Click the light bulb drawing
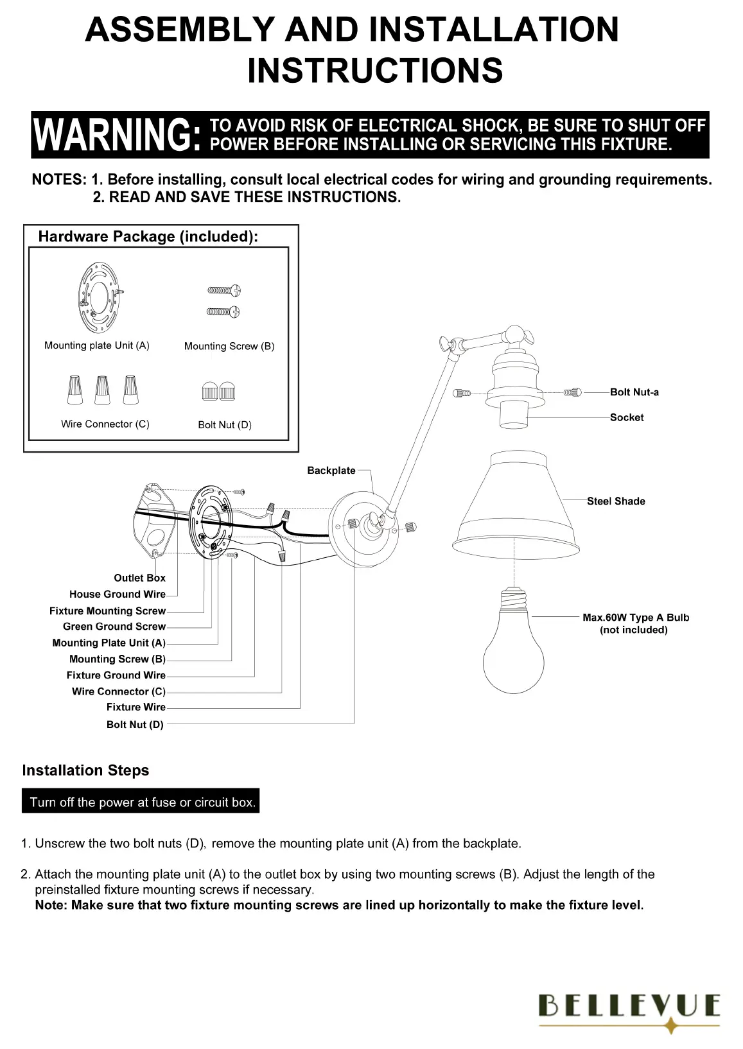pos(513,648)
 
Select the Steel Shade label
pos(615,501)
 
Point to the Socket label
pos(626,417)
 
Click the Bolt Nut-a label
pos(634,392)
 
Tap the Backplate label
pos(331,471)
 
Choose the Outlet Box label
pos(139,578)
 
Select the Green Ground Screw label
pos(114,627)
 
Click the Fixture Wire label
pos(135,707)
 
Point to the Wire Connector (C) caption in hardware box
pos(105,424)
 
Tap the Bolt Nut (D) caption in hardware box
pos(225,425)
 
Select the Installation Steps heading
pos(85,770)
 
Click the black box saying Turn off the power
pos(141,802)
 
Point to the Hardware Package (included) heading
pos(148,236)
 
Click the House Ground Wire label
pos(117,594)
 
